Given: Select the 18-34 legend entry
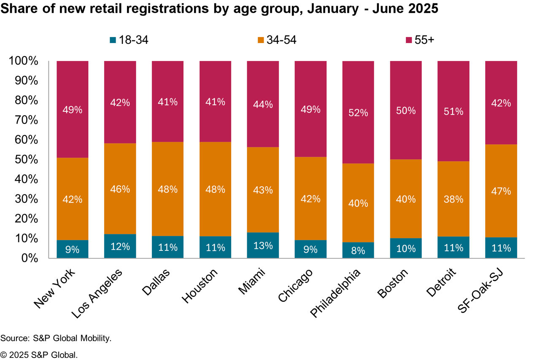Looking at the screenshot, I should [129, 40].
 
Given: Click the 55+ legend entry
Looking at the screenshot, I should [424, 40].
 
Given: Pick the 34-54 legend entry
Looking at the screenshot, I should [277, 40].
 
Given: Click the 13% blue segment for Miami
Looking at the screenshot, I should [263, 245].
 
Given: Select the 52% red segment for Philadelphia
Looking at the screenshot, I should [358, 113].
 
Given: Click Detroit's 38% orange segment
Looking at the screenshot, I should [453, 199].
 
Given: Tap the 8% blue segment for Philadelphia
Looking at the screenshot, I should [358, 250].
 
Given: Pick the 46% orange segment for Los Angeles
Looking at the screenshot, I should [120, 189].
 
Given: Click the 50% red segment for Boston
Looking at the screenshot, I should [406, 110].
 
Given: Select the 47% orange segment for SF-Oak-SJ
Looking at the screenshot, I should [501, 191].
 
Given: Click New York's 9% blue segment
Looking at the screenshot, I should [73, 249].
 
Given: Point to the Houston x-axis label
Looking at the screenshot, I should [200, 286].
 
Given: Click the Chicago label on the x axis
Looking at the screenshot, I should [296, 286].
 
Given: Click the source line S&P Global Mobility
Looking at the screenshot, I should [56, 339].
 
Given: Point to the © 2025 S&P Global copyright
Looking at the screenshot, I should [39, 355].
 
